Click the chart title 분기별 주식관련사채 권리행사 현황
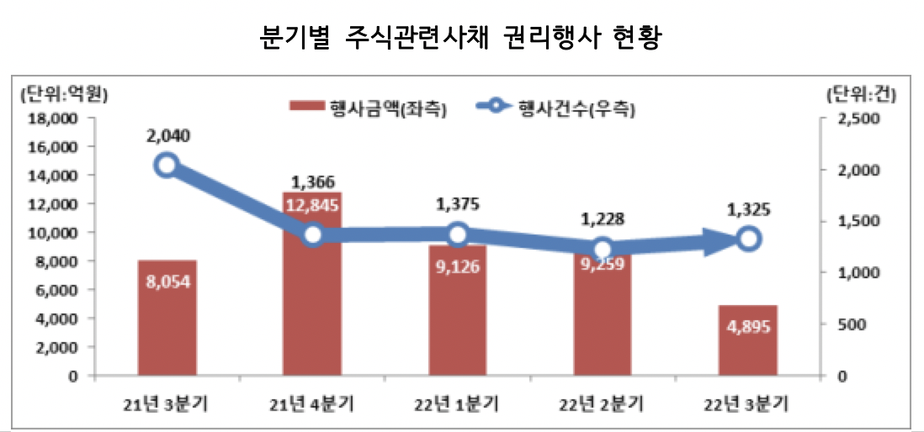point(461,38)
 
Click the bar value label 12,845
point(312,205)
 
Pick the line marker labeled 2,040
point(167,165)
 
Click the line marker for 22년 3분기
point(749,240)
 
